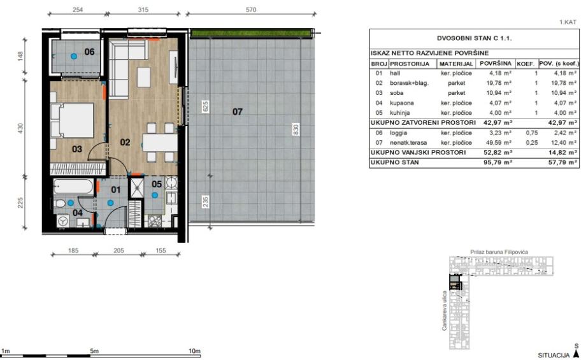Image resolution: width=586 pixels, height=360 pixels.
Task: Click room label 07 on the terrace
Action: (238, 112)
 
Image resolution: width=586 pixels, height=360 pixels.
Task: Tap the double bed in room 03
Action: (72, 120)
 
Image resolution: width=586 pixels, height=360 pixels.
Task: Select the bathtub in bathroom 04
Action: (73, 187)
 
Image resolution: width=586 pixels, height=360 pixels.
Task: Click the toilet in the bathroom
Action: (59, 204)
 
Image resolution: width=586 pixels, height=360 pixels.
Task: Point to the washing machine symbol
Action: (62, 221)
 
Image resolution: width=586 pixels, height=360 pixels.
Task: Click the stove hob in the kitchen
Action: (155, 221)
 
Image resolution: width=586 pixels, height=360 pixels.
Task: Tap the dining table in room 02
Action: (160, 143)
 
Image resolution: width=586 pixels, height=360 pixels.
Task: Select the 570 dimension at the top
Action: (251, 10)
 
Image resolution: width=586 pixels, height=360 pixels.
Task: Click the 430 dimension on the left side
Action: (20, 128)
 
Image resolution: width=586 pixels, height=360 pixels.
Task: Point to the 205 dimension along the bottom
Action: (118, 250)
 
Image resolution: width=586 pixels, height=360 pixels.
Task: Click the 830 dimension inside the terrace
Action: (296, 129)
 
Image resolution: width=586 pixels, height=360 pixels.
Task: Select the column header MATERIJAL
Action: (456, 64)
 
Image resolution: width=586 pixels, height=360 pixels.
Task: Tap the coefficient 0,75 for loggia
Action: (532, 133)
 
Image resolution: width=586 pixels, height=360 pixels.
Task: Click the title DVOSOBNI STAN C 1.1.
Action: (475, 38)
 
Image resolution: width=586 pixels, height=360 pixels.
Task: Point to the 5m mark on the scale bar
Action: (94, 351)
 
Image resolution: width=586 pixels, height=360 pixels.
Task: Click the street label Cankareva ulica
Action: (445, 311)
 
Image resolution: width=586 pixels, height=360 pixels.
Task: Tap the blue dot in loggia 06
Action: (74, 56)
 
